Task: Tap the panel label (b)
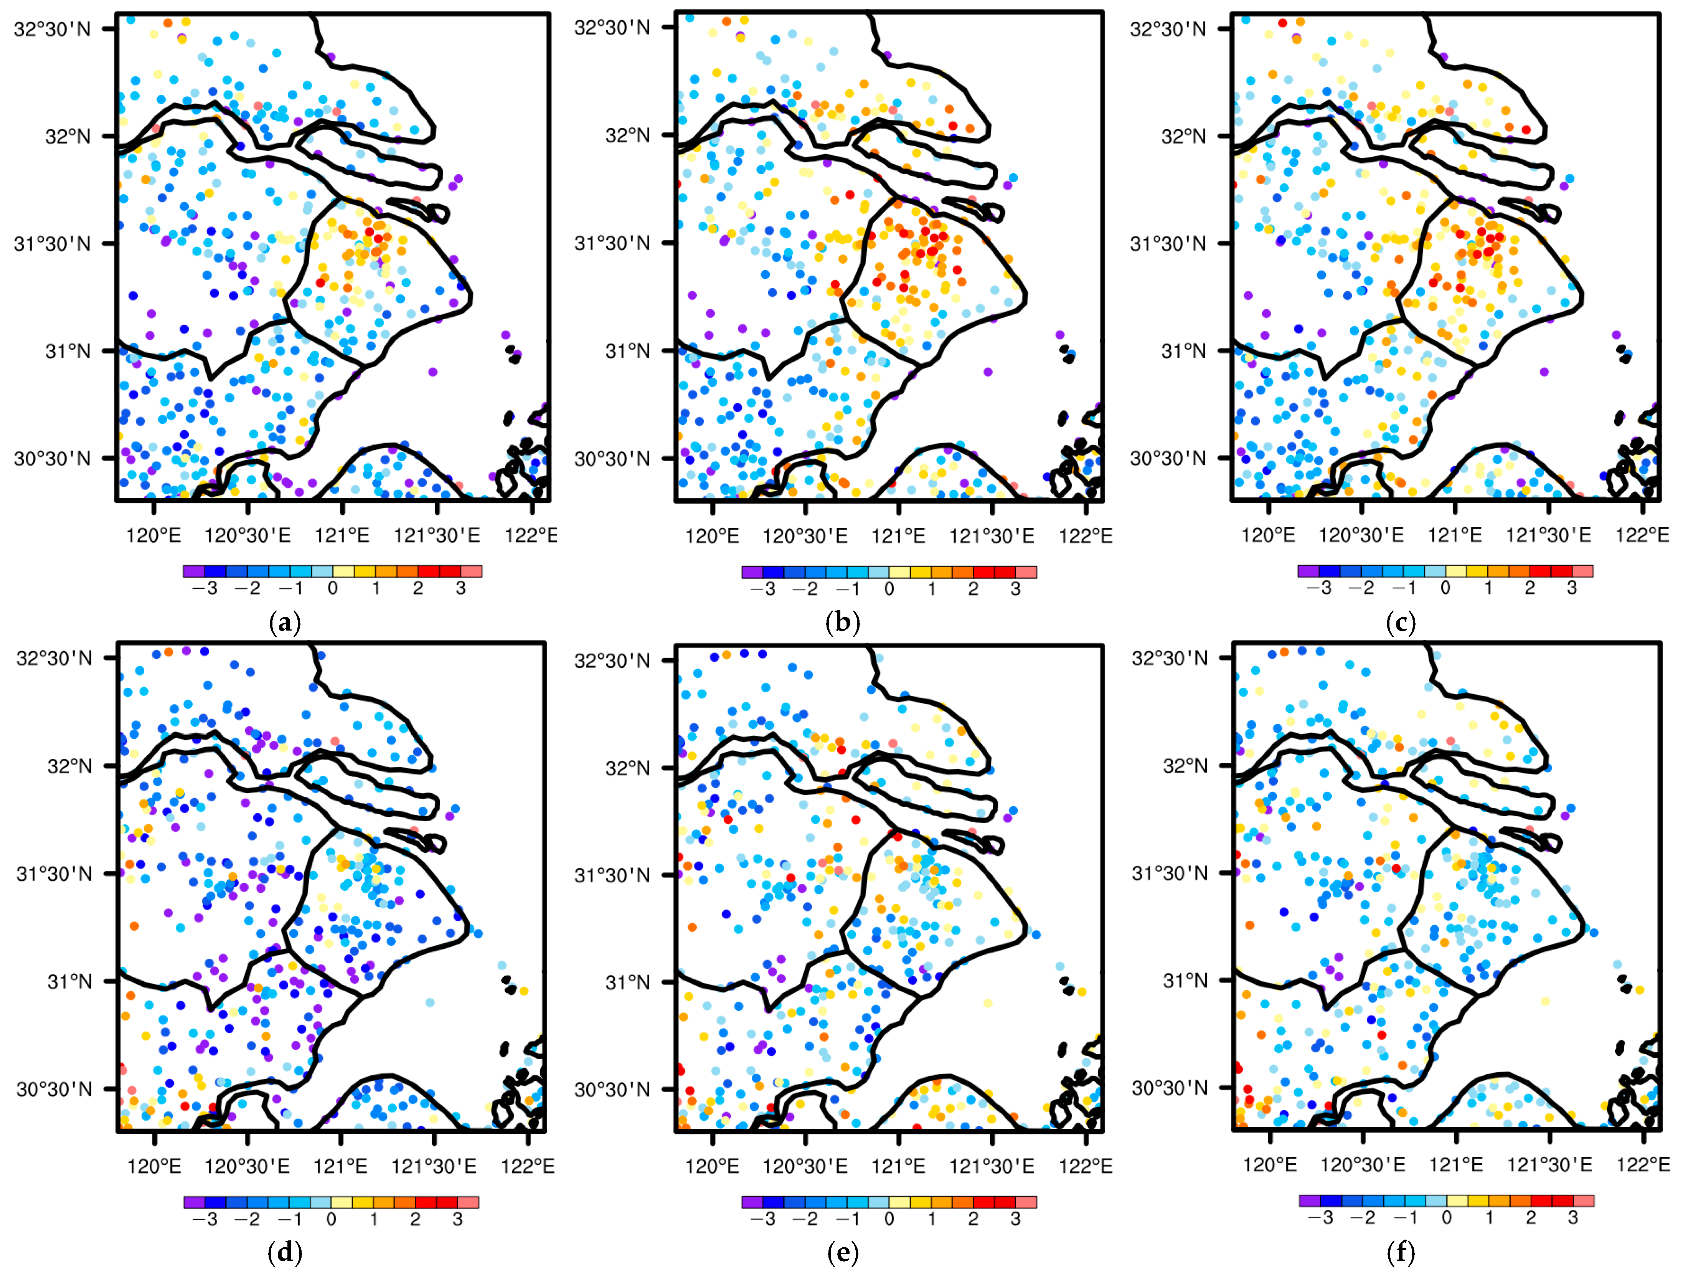(x=843, y=623)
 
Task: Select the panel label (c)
(x=1401, y=623)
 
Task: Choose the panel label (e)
(x=843, y=1253)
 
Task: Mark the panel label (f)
(x=1401, y=1253)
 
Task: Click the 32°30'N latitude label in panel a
(x=52, y=29)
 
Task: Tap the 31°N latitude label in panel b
(x=628, y=351)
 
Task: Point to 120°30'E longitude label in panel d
(x=247, y=1166)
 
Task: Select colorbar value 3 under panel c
(x=1571, y=588)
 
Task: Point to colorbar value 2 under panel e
(x=973, y=1219)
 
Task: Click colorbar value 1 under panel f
(x=1489, y=1217)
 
